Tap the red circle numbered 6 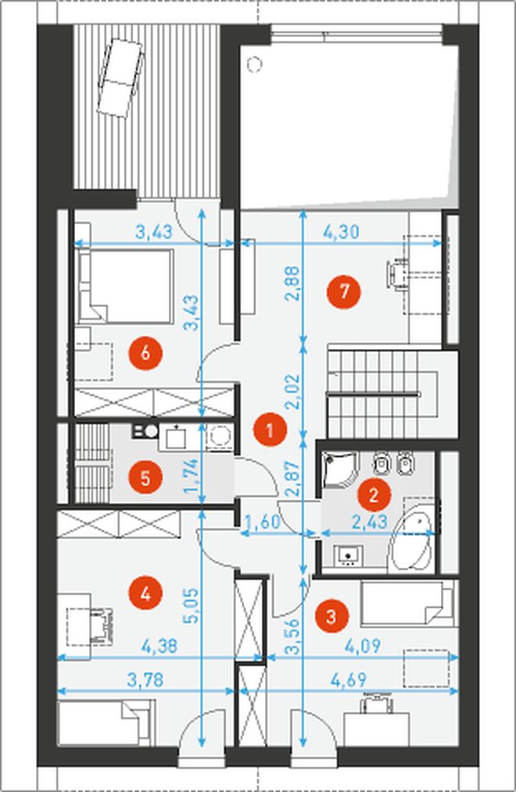[145, 352]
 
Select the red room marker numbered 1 [270, 431]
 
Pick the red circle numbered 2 [374, 495]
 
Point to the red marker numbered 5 [145, 477]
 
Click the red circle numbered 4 [145, 594]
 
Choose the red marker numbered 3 [331, 615]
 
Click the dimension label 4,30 [341, 232]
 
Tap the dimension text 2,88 [292, 284]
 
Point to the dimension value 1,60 [262, 522]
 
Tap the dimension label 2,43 [370, 522]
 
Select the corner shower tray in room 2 [338, 469]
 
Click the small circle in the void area [253, 64]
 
